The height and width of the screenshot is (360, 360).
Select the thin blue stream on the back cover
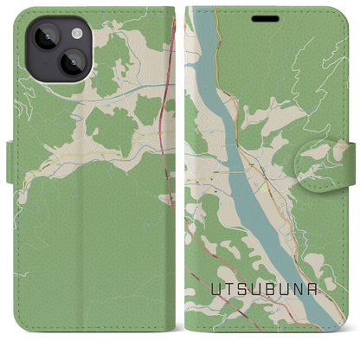[x=130, y=87]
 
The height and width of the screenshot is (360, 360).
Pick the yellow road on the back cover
[x=87, y=157]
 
